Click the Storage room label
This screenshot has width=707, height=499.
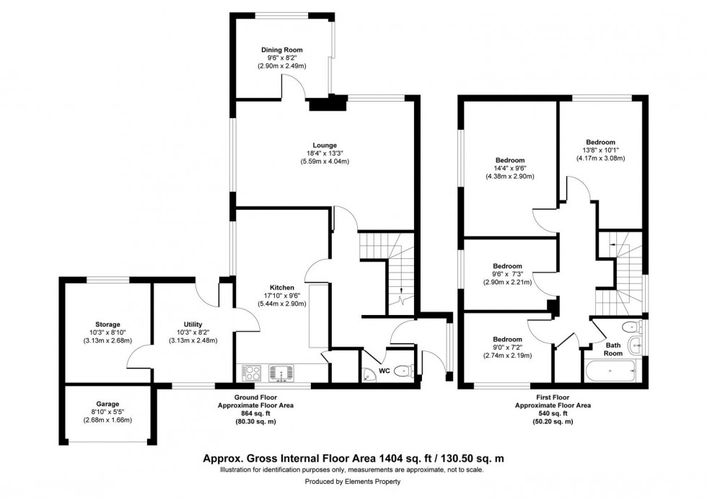(x=107, y=324)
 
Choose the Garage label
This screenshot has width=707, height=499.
(x=107, y=404)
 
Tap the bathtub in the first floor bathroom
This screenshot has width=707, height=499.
(x=610, y=373)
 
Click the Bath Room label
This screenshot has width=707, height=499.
(x=612, y=349)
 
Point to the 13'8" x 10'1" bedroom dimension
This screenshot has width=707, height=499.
(x=600, y=150)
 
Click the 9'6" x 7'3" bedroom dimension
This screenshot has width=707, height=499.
(x=506, y=274)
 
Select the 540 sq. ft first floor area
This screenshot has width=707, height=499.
(x=553, y=414)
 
